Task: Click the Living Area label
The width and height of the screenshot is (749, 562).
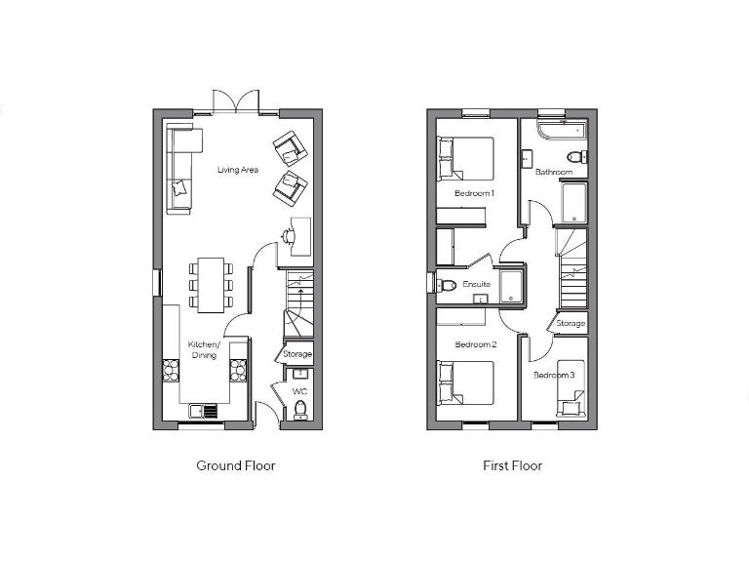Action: [238, 170]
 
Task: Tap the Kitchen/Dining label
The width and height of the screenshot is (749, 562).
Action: [204, 349]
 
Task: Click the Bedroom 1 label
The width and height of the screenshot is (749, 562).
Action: [475, 193]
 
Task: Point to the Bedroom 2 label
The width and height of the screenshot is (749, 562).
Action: [476, 344]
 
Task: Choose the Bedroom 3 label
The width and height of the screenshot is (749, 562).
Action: [553, 375]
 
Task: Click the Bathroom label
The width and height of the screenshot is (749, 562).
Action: [554, 172]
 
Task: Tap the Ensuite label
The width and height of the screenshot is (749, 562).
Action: [476, 285]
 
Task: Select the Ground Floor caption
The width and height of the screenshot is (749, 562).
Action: [236, 465]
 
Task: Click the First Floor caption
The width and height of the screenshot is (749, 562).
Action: [512, 465]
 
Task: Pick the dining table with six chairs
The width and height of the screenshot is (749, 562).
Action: [211, 284]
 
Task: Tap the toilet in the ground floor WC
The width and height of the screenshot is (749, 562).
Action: [299, 410]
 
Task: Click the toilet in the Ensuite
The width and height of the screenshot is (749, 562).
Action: [446, 286]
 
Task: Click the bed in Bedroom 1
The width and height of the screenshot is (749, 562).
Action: [466, 158]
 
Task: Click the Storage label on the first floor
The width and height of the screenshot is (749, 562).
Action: [571, 323]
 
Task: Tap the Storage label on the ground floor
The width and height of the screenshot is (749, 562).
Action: [297, 354]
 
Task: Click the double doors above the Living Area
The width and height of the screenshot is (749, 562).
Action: [235, 101]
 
